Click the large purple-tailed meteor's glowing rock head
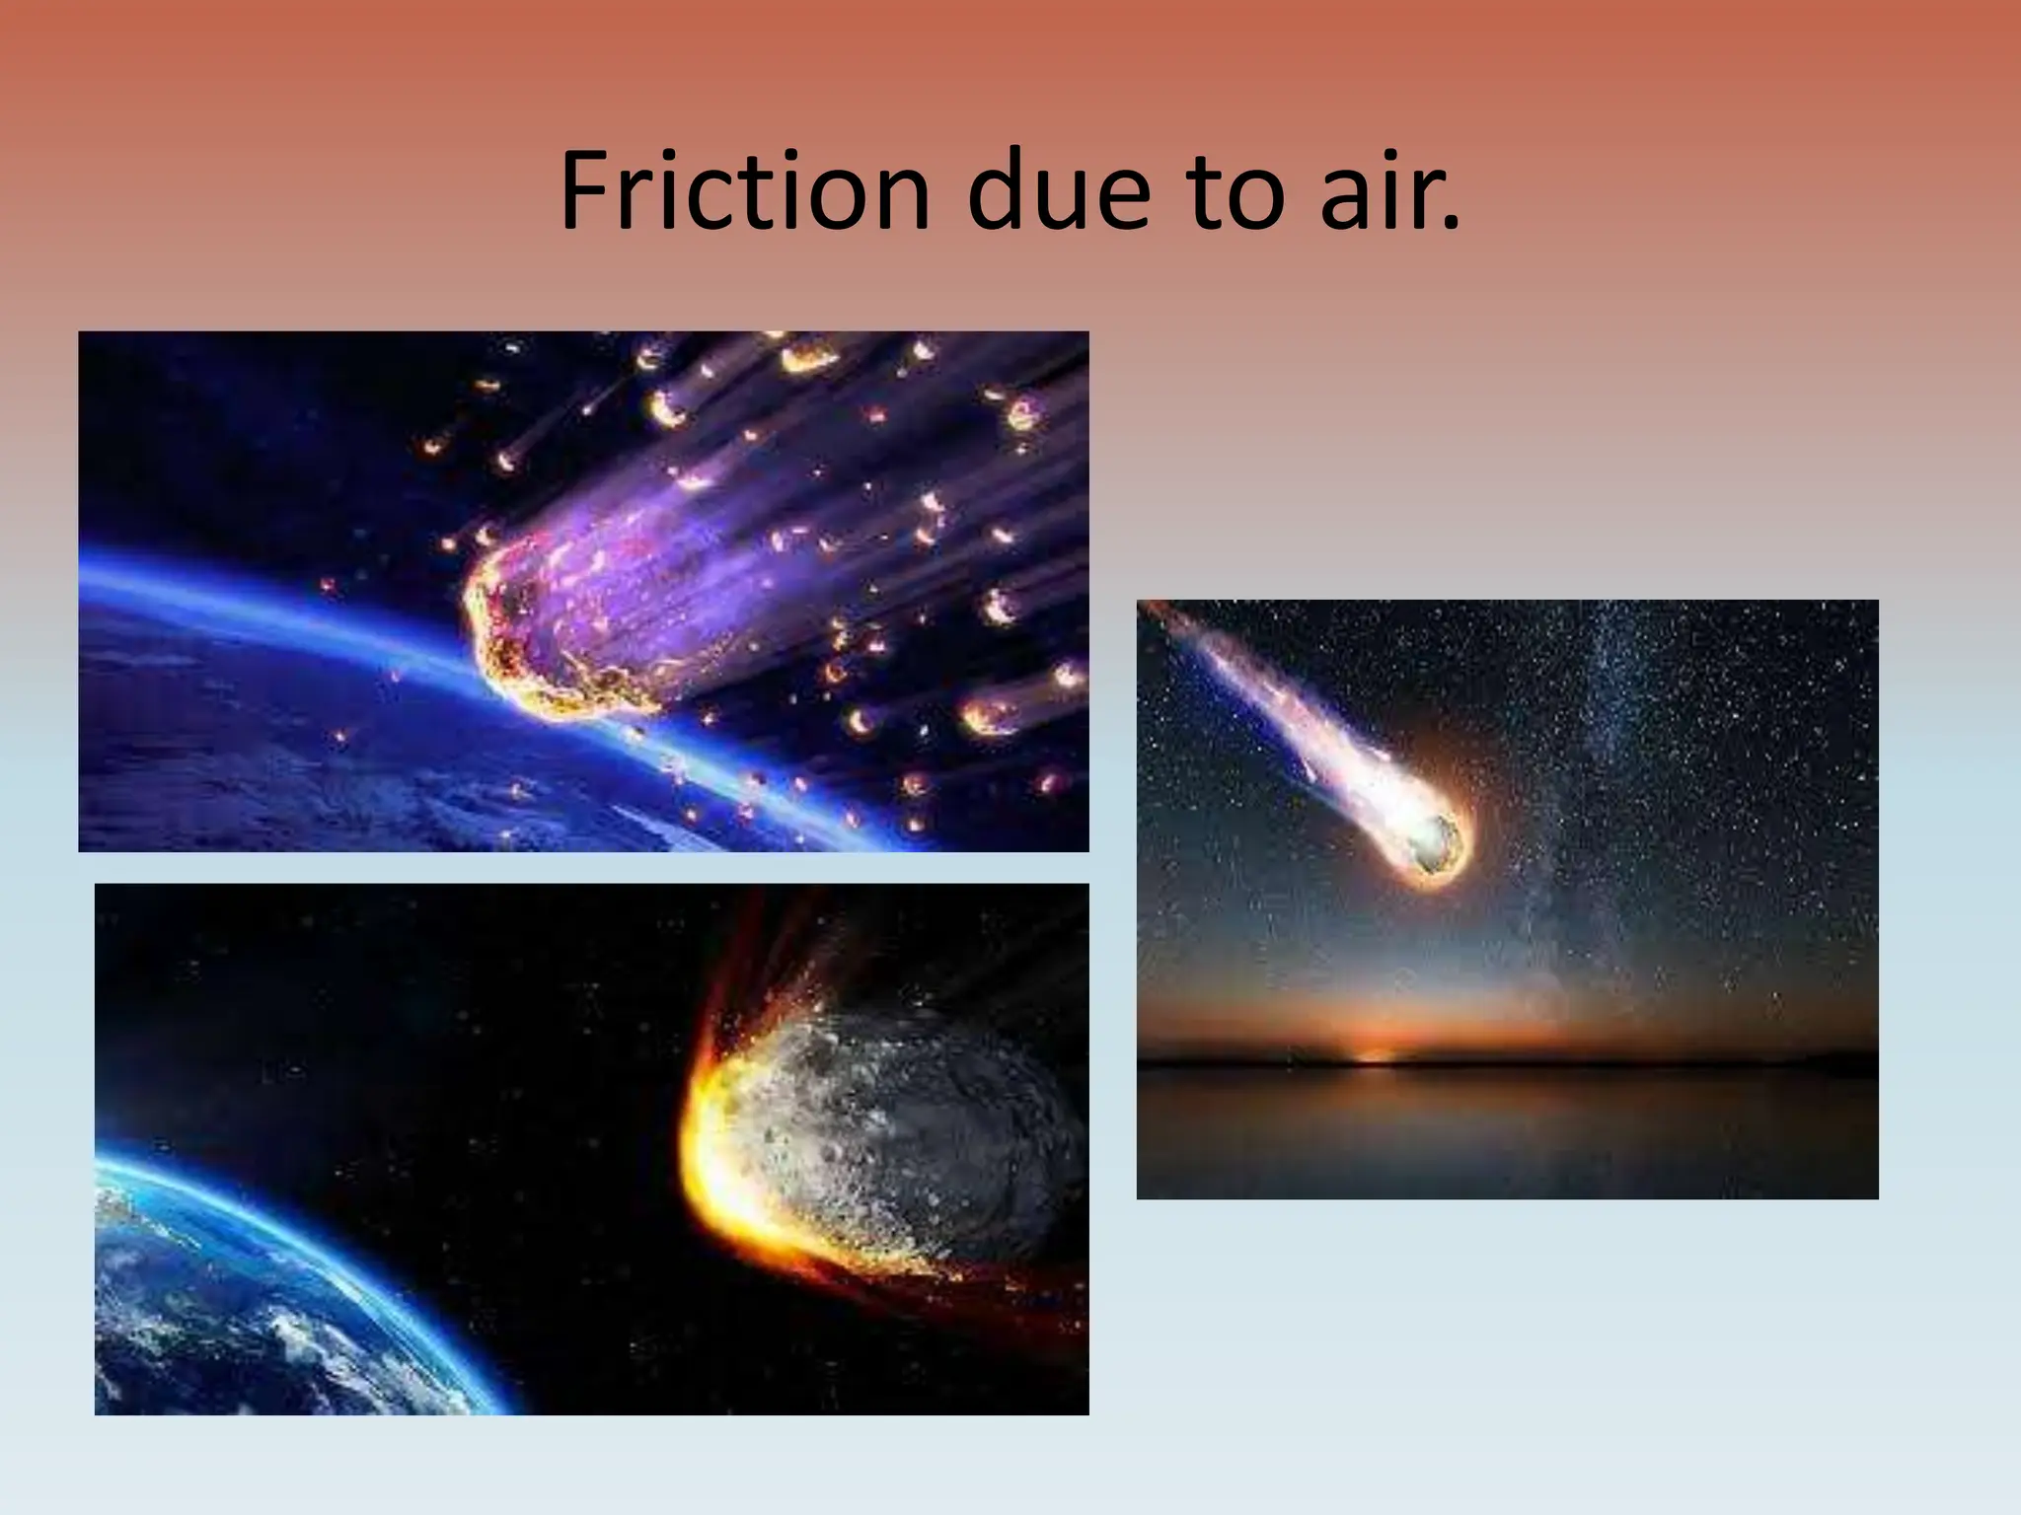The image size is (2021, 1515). [533, 631]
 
